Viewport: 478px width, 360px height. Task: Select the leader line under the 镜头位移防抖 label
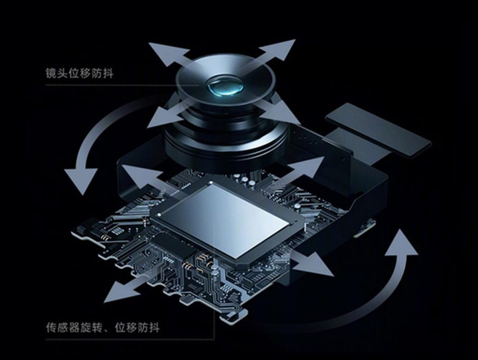[133, 85]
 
